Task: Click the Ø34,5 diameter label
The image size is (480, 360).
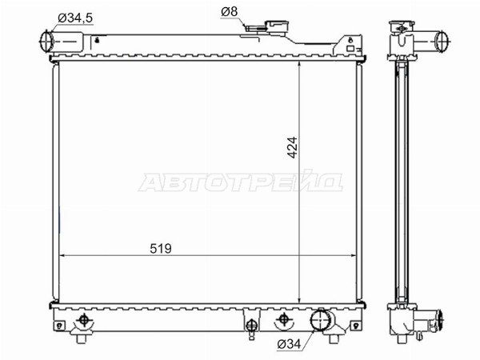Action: click(75, 18)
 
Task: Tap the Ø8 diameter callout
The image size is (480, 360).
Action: click(230, 12)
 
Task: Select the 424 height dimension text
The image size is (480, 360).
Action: click(292, 147)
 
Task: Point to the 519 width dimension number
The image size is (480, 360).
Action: click(161, 249)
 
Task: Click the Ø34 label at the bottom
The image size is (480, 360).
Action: click(289, 345)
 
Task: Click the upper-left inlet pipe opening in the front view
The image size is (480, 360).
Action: click(46, 41)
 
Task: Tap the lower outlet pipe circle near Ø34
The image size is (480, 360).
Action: click(321, 320)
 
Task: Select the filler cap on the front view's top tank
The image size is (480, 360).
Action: click(277, 26)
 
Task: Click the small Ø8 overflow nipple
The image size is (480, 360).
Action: click(255, 29)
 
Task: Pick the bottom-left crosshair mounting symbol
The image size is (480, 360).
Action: click(84, 320)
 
